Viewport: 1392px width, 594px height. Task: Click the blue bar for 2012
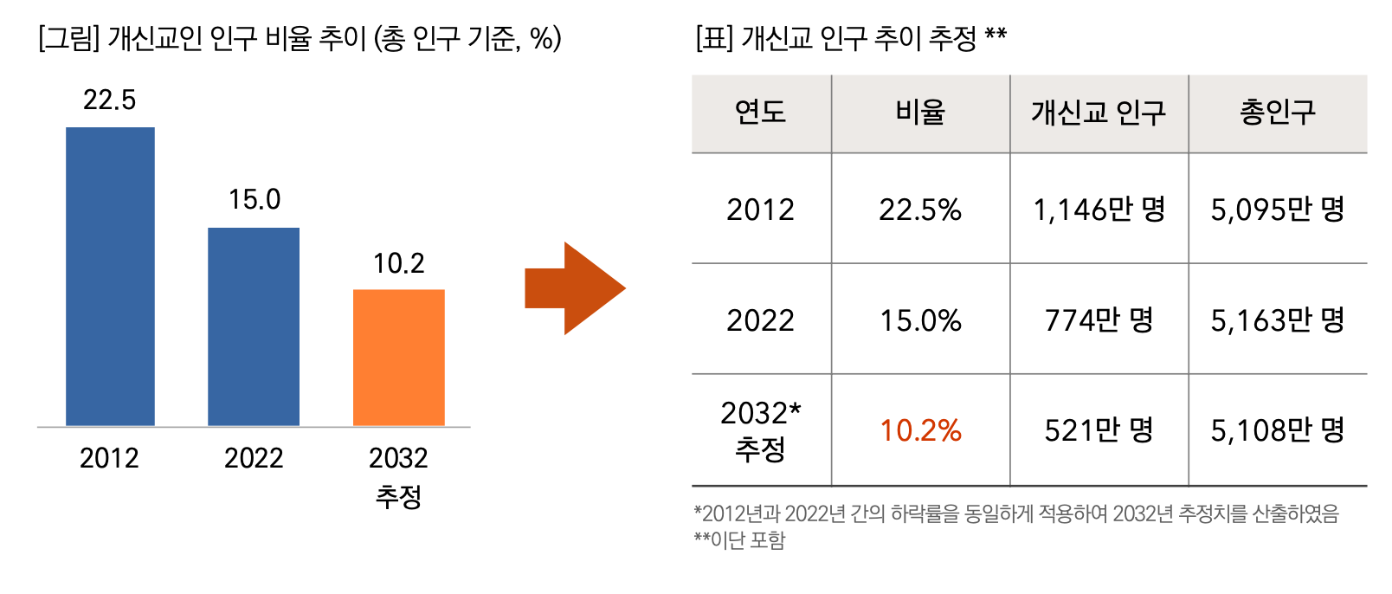[110, 276]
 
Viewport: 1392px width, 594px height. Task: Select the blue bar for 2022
[254, 326]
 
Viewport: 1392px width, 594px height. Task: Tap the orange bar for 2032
[398, 357]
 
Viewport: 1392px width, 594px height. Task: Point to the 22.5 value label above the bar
[109, 100]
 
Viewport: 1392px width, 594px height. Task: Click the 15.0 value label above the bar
[254, 200]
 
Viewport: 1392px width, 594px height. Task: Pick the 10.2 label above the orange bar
[398, 263]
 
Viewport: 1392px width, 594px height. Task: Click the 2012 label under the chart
[109, 458]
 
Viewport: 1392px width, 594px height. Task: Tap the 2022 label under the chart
[254, 458]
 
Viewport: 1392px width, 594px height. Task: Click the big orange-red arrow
[574, 288]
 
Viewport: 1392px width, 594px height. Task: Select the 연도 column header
[760, 113]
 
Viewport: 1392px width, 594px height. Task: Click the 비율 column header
[920, 113]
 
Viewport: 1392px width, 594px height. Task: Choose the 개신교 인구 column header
[1098, 113]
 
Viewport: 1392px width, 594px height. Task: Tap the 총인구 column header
[1277, 113]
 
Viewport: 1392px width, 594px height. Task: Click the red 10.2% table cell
[920, 430]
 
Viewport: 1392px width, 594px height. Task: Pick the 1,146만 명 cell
[1099, 210]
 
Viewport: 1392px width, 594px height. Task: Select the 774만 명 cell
[1099, 320]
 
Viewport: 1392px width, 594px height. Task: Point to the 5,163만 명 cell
[1277, 320]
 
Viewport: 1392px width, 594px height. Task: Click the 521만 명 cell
[1099, 430]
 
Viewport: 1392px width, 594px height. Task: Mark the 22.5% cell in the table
[920, 210]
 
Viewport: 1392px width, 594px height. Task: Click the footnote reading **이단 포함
[739, 540]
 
